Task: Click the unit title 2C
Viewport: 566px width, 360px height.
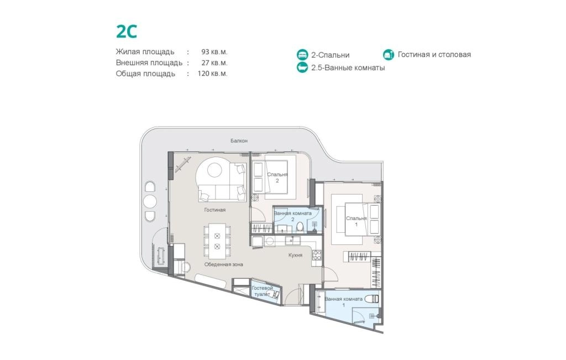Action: tap(127, 32)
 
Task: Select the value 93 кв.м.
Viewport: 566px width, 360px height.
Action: tap(214, 51)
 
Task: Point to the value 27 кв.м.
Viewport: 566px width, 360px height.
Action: tap(214, 62)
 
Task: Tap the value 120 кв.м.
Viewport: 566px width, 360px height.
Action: tap(212, 74)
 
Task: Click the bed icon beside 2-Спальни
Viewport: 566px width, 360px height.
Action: tap(302, 55)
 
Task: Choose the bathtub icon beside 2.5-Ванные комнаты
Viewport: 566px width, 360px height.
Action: tap(302, 67)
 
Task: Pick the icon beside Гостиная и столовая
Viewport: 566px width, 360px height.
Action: tap(389, 55)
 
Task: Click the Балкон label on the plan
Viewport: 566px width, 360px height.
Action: tap(239, 140)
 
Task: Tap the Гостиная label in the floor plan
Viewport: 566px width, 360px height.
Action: tap(215, 210)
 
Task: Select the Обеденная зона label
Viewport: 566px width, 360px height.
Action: tap(223, 264)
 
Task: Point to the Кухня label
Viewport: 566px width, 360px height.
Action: tap(295, 255)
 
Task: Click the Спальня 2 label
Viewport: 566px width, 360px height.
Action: tap(277, 178)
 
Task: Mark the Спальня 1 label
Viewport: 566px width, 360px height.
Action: tap(357, 221)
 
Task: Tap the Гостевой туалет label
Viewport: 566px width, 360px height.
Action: tap(263, 291)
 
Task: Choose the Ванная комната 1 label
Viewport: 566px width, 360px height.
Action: tap(343, 302)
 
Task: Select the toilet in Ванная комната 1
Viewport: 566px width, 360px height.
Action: tap(371, 299)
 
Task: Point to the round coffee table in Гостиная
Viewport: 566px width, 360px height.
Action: tap(214, 170)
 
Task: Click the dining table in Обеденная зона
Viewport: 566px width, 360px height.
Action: tap(217, 241)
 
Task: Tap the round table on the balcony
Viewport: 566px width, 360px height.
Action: tap(149, 201)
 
